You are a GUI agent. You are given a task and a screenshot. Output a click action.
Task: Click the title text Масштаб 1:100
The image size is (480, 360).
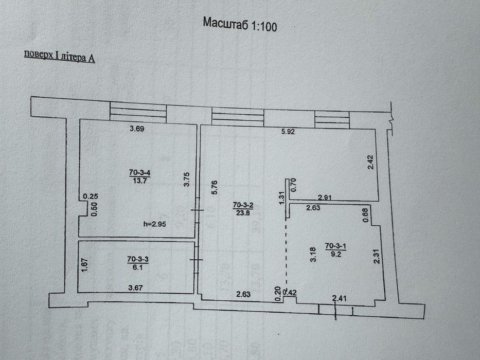(240, 24)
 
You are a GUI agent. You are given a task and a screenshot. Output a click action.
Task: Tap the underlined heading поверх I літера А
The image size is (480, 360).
(59, 57)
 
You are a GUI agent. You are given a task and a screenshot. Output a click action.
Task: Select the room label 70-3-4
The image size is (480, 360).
(139, 173)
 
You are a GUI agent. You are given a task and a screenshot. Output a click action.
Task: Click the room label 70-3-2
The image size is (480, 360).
(243, 205)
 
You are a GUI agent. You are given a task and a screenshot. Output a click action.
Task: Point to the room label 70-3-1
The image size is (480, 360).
(335, 246)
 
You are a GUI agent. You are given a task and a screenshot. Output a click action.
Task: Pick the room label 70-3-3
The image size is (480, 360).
(138, 260)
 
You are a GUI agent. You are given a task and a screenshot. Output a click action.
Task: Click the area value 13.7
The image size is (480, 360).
(140, 181)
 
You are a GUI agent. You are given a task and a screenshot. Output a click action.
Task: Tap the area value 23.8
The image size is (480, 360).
(243, 212)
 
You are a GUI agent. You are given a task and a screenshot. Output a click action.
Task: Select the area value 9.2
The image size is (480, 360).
(336, 254)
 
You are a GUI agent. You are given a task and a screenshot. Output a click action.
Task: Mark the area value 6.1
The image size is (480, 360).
(138, 267)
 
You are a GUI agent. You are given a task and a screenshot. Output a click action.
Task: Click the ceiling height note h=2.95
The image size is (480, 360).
(155, 224)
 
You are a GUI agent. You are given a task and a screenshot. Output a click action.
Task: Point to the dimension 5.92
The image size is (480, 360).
(288, 132)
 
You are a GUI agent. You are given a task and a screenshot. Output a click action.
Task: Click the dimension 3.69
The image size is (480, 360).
(137, 129)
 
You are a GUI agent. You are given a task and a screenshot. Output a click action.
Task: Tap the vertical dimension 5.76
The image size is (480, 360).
(215, 187)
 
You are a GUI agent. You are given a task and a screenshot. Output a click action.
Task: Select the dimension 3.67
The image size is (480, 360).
(135, 288)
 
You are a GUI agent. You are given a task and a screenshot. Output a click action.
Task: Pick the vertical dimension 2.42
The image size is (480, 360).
(370, 162)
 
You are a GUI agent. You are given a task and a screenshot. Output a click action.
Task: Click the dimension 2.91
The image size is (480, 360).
(325, 197)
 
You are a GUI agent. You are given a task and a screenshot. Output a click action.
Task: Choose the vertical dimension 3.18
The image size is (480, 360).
(313, 255)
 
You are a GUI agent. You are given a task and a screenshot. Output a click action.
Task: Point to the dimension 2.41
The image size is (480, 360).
(340, 298)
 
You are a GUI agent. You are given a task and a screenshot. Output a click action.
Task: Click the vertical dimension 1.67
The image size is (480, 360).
(85, 265)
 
